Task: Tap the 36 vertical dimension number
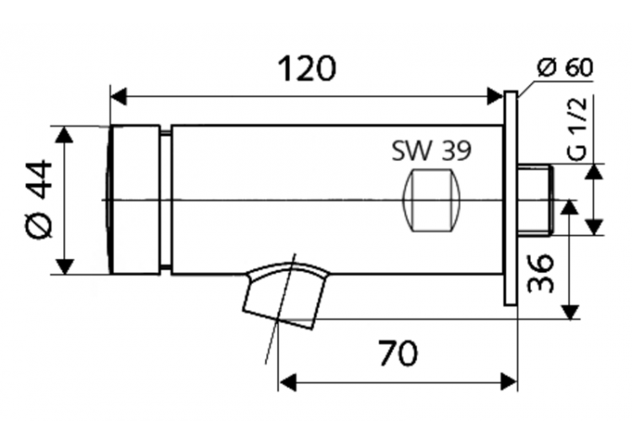tap(540, 272)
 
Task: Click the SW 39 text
tap(431, 151)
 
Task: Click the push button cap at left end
tap(135, 200)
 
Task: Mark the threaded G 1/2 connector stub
tap(533, 200)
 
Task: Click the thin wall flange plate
tap(511, 200)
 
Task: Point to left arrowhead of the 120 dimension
tap(118, 96)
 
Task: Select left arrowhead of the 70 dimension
tap(287, 382)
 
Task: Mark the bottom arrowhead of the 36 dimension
tap(572, 311)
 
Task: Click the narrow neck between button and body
tap(165, 200)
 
